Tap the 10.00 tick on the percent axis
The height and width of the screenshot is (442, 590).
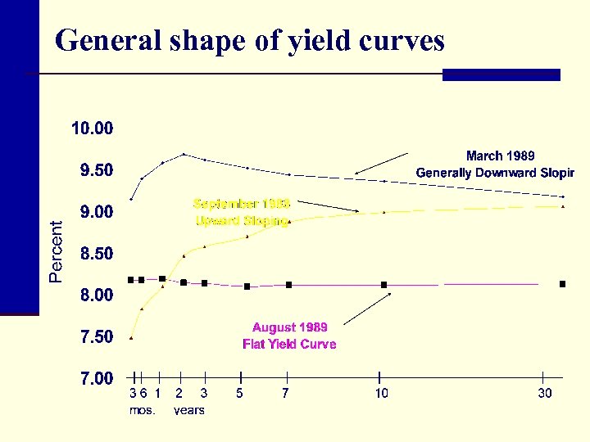pyautogui.click(x=93, y=129)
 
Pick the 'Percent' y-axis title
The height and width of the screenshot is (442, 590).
pyautogui.click(x=56, y=251)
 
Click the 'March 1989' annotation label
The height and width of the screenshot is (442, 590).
pyautogui.click(x=500, y=156)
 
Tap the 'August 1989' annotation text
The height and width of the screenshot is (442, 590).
pyautogui.click(x=289, y=327)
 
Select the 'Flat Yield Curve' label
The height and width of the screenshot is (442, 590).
pyautogui.click(x=289, y=345)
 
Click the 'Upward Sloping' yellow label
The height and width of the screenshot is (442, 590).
pyautogui.click(x=241, y=221)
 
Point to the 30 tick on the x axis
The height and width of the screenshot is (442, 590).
pyautogui.click(x=545, y=394)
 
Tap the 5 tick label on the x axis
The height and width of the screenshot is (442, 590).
pyautogui.click(x=240, y=394)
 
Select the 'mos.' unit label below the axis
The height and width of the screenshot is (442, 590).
pyautogui.click(x=142, y=410)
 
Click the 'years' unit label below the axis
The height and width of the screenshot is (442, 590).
pyautogui.click(x=189, y=410)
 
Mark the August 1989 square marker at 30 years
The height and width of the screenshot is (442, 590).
pyautogui.click(x=562, y=284)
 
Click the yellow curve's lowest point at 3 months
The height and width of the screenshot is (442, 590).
pyautogui.click(x=131, y=338)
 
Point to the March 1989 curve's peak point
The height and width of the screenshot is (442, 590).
pyautogui.click(x=184, y=154)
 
